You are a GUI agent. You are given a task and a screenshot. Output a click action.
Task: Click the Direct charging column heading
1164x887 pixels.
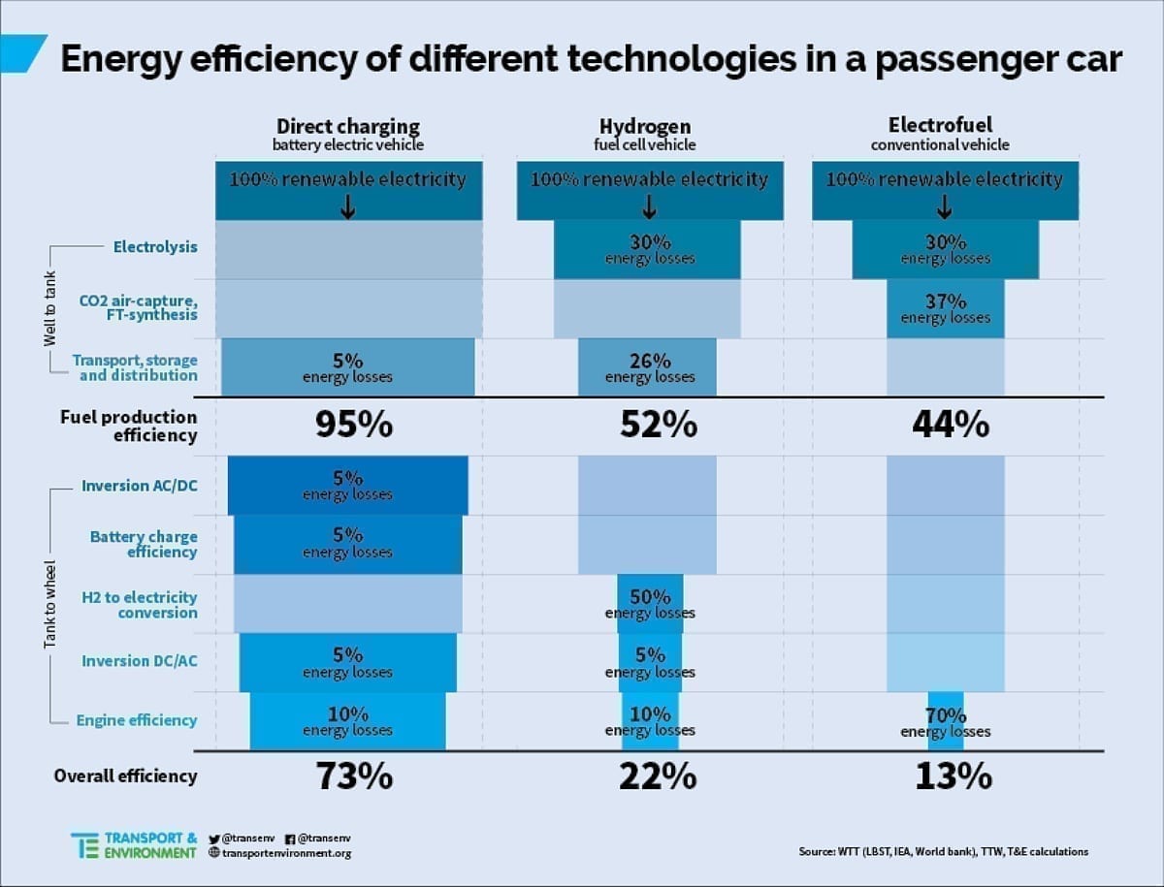point(348,127)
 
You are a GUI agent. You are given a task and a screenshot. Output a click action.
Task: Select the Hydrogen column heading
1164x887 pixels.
point(645,127)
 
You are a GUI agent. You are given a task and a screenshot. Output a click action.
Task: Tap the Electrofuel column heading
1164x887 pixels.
point(940,126)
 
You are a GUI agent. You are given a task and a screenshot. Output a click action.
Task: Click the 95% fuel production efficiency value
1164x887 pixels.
point(354,425)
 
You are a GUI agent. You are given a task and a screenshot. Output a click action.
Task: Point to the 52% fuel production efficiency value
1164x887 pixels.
point(659,425)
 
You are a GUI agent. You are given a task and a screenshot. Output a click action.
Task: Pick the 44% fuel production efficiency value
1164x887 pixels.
point(951,425)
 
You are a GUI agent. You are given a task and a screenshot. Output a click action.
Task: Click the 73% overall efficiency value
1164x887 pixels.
point(354,776)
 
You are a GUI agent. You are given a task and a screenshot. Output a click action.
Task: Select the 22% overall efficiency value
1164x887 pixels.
point(658,776)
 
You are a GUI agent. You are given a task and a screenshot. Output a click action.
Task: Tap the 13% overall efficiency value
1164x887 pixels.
point(954,776)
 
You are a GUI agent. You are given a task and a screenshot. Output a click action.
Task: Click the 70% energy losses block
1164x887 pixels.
point(946,722)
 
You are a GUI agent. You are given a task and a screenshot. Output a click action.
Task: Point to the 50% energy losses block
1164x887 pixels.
point(650,604)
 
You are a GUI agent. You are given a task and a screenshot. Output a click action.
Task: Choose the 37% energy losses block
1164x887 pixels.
point(946,309)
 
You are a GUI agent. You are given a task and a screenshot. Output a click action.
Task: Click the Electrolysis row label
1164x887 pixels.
point(155,247)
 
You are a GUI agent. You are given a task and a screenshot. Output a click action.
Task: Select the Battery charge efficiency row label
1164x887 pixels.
point(144,544)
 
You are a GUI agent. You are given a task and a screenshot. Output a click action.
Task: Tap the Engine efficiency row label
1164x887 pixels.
point(137,720)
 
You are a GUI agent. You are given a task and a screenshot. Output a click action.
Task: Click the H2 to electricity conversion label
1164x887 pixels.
point(139,605)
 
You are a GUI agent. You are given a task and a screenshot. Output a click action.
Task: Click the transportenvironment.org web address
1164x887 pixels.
point(286,853)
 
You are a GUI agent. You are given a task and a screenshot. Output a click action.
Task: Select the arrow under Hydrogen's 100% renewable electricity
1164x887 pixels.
point(650,206)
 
